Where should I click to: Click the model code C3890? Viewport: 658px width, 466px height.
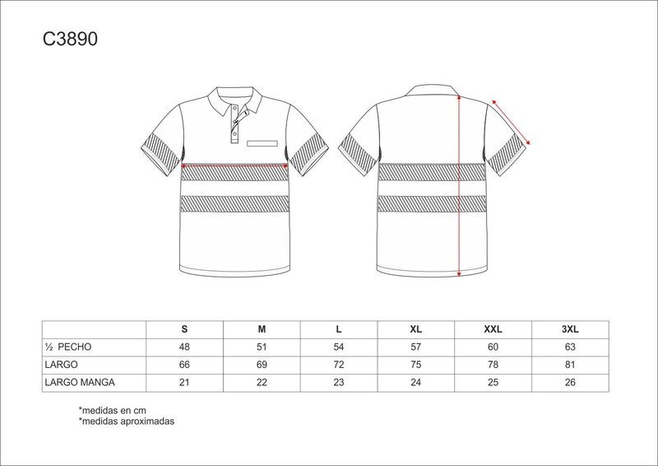coord(70,39)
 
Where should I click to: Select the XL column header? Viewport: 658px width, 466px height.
coord(416,329)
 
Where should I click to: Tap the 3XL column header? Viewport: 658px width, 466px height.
coord(570,329)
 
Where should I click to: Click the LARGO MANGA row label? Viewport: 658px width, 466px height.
coord(80,382)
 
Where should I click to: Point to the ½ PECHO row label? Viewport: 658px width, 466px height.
coord(68,347)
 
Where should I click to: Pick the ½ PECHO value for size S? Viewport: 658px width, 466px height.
coord(184,347)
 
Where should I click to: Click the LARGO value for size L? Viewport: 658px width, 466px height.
coord(339,365)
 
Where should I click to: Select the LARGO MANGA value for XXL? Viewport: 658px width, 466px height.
coord(493,382)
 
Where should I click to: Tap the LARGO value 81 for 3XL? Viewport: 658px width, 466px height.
coord(570,365)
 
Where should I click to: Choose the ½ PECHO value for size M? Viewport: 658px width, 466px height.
coord(262,347)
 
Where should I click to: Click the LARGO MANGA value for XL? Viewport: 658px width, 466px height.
coord(416,382)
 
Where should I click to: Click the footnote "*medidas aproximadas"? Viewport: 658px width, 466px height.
coord(127,421)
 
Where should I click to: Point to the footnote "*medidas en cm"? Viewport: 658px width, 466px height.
coord(112,410)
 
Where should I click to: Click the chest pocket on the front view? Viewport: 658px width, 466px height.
coord(262,143)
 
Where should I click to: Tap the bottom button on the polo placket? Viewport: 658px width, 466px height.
coord(235,134)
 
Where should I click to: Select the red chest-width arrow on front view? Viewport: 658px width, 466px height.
coord(234,166)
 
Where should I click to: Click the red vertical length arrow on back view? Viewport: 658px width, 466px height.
coord(459,186)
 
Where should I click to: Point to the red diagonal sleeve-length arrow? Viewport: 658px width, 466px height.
coord(511,123)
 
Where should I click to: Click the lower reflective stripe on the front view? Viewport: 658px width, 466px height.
coord(235,204)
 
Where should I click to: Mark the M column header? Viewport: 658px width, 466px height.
coord(262,329)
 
